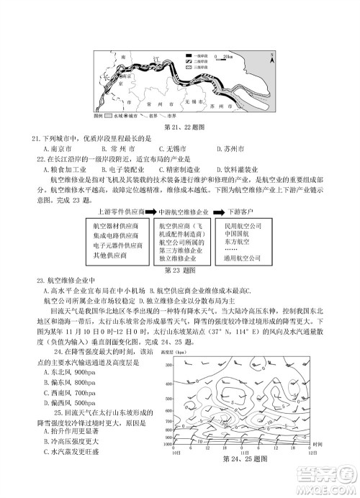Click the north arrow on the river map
pyautogui.click(x=267, y=55)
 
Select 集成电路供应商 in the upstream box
pyautogui.click(x=117, y=235)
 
